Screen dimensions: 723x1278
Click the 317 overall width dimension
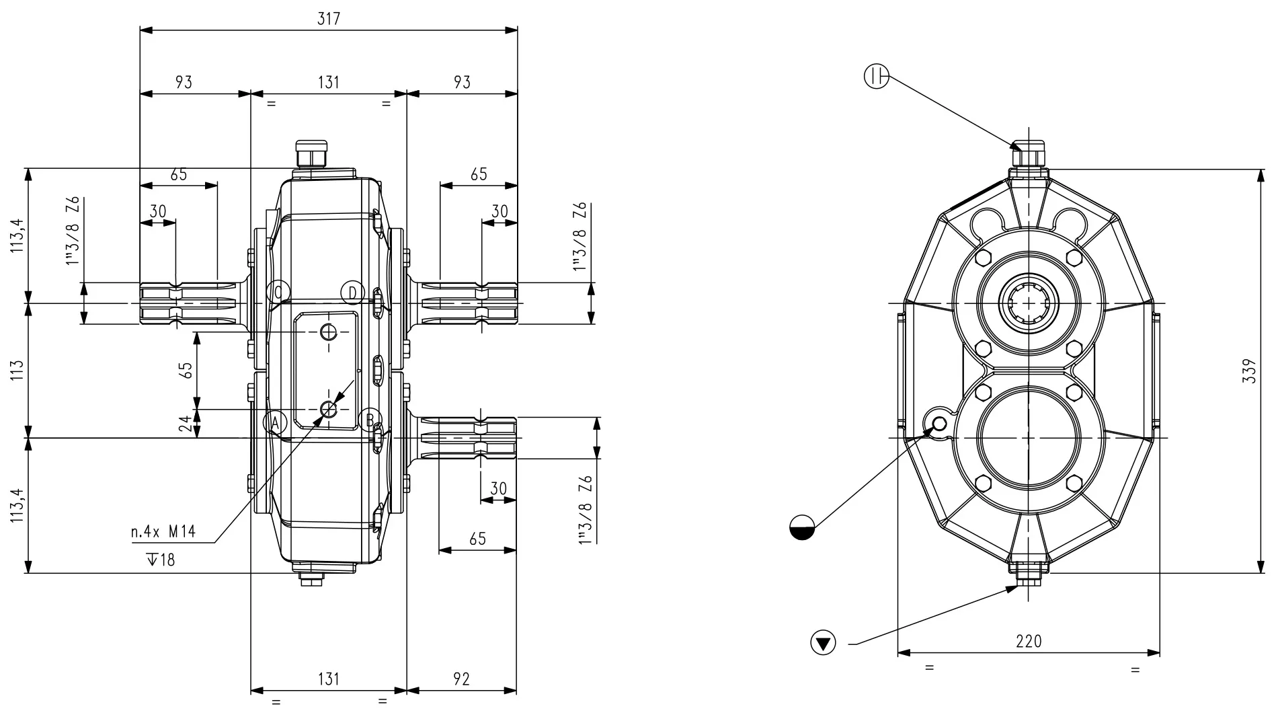(329, 19)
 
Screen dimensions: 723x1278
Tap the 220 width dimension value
(1029, 641)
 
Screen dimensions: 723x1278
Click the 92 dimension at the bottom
(461, 679)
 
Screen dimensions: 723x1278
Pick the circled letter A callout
(275, 422)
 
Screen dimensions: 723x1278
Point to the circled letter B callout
(368, 420)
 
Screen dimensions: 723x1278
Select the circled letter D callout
(352, 293)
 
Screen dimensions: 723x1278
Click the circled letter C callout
(278, 292)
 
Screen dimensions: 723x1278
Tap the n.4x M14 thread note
(163, 532)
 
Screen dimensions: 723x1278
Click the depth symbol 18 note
(160, 560)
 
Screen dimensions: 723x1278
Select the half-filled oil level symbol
(801, 527)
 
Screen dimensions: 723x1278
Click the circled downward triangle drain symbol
(823, 642)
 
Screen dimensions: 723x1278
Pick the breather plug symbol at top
(876, 77)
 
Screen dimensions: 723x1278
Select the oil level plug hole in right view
(939, 423)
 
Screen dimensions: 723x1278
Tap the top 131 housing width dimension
(328, 82)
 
